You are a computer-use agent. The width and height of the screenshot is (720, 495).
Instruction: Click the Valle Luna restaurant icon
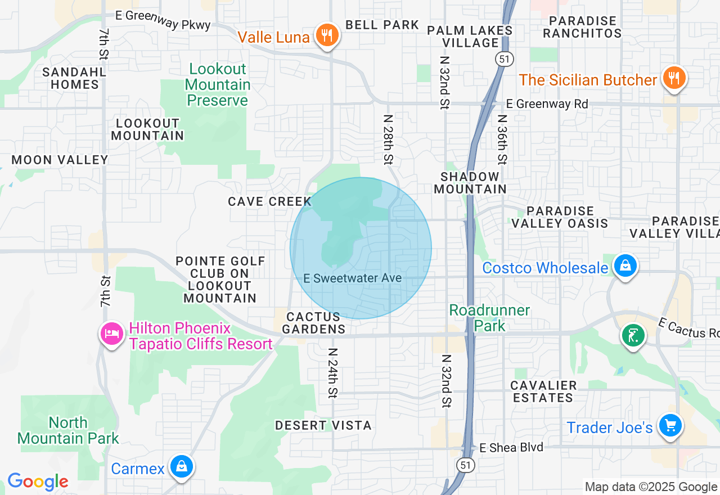click(x=326, y=35)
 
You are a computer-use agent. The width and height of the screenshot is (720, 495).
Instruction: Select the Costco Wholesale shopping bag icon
click(x=625, y=265)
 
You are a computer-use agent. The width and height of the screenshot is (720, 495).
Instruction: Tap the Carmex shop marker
click(x=181, y=467)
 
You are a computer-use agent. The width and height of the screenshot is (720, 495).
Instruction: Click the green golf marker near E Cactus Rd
click(x=633, y=336)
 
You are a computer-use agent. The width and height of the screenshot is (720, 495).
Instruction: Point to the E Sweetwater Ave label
click(x=352, y=278)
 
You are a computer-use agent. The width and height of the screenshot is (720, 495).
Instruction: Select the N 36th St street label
click(x=502, y=141)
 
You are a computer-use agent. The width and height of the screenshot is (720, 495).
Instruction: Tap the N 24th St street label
click(x=333, y=372)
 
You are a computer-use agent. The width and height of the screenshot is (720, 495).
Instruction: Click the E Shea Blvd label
click(x=511, y=447)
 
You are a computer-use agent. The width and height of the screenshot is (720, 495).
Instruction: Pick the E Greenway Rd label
click(x=547, y=104)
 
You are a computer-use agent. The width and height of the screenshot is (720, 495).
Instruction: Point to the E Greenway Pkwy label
click(x=163, y=20)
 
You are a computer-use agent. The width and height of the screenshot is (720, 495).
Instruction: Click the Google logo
click(x=38, y=481)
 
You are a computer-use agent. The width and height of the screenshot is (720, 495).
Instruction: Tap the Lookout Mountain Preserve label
click(x=218, y=84)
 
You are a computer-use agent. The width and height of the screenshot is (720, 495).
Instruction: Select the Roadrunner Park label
click(x=489, y=318)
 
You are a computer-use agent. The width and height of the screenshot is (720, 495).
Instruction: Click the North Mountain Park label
click(x=68, y=430)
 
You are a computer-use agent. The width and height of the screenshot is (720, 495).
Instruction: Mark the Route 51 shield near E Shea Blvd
click(x=465, y=465)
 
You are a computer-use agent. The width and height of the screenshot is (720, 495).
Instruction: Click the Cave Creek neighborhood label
click(x=269, y=201)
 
